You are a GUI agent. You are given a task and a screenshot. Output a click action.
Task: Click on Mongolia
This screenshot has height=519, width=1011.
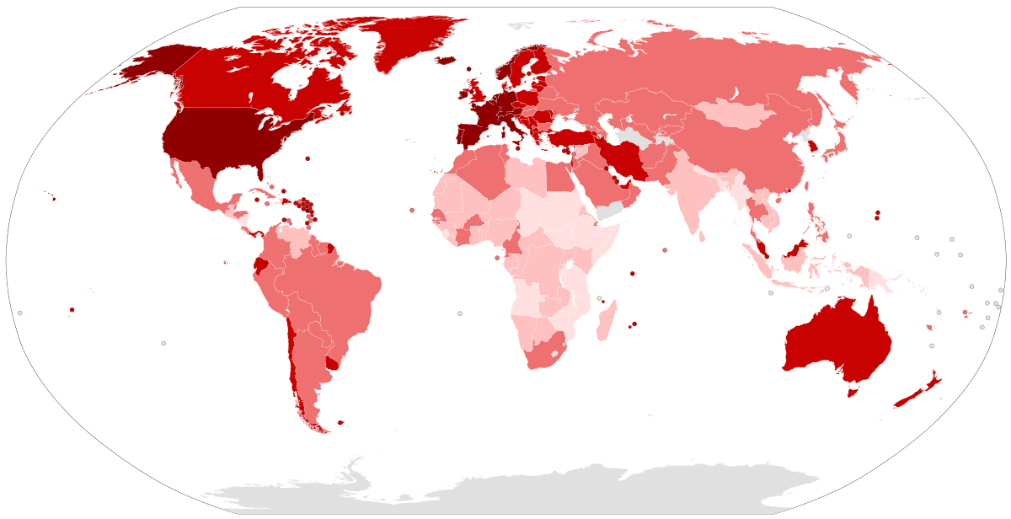click(x=733, y=114)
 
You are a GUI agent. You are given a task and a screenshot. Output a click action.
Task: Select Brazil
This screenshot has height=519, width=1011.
click(x=337, y=286)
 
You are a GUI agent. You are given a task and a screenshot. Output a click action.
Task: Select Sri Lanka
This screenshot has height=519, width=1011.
click(x=703, y=236)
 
